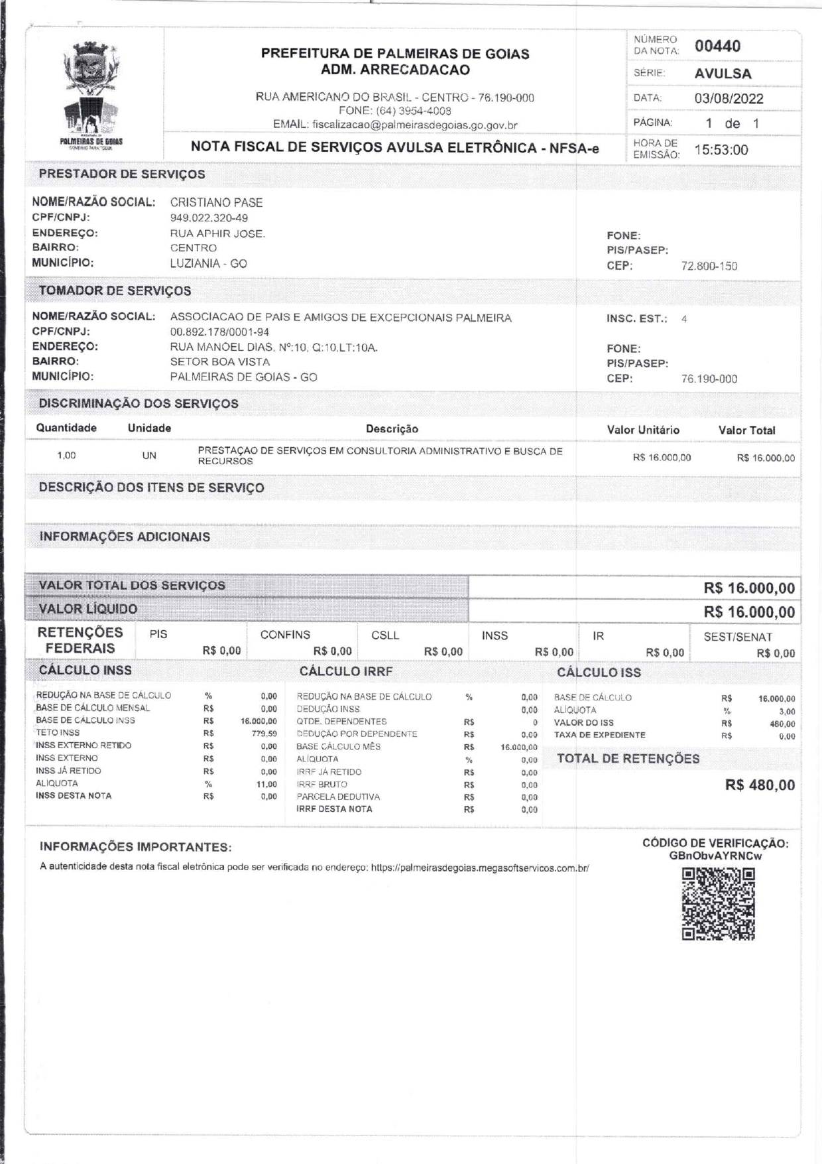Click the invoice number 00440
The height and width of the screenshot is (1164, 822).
(717, 46)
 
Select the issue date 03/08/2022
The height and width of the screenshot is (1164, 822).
(729, 99)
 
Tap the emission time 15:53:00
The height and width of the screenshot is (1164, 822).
(721, 150)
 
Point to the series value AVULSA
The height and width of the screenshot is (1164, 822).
(723, 74)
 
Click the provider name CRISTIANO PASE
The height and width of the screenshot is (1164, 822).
(216, 203)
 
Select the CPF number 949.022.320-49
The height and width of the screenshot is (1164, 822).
(209, 218)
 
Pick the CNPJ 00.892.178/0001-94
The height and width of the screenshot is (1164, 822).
(219, 332)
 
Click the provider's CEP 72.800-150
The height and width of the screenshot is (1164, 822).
(709, 267)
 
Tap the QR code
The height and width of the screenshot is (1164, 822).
(719, 904)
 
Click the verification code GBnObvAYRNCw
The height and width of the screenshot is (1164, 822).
(715, 856)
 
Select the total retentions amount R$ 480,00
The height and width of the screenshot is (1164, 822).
(760, 785)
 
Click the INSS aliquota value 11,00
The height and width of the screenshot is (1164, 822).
(266, 784)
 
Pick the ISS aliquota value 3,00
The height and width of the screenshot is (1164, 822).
(787, 712)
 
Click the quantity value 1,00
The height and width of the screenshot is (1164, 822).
(66, 456)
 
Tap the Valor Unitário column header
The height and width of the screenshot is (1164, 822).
(643, 430)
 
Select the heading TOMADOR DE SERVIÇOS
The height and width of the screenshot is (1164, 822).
(115, 291)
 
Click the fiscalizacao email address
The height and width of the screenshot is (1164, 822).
(414, 125)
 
